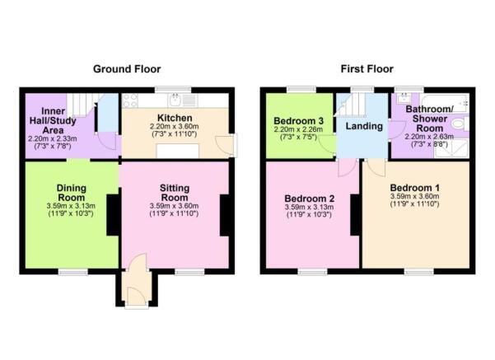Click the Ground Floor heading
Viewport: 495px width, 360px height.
click(x=127, y=69)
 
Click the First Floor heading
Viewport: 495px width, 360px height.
click(x=367, y=69)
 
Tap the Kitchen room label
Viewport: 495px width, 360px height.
click(x=175, y=118)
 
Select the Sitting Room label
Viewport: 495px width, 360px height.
click(x=175, y=193)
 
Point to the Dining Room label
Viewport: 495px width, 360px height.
click(x=72, y=193)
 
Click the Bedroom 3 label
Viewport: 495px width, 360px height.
click(x=299, y=121)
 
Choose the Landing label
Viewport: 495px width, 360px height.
click(x=364, y=126)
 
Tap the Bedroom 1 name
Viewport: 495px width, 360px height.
click(x=414, y=188)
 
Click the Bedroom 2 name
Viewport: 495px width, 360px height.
click(x=310, y=199)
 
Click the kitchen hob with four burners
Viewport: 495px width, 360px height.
click(x=130, y=101)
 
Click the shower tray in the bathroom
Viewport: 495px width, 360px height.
click(x=452, y=149)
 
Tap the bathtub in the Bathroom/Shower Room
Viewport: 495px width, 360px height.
click(x=446, y=102)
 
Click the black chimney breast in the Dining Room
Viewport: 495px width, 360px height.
click(x=113, y=215)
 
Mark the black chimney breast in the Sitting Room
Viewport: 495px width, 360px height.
click(x=225, y=215)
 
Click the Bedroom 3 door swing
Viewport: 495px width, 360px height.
click(x=327, y=145)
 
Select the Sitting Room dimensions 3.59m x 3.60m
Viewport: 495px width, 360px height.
click(x=175, y=206)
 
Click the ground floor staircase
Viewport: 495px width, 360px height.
click(x=82, y=105)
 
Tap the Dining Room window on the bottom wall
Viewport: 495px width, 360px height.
click(x=73, y=272)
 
